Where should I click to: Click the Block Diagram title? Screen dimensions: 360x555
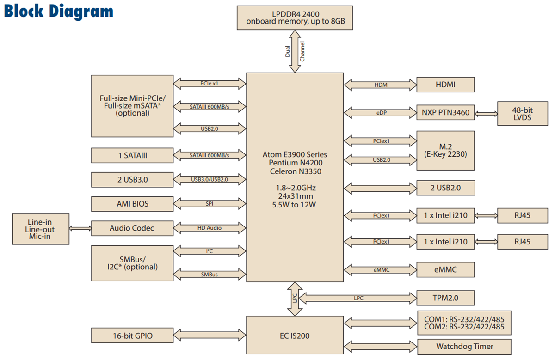coord(59,12)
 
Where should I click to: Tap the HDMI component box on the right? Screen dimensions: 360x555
coord(445,85)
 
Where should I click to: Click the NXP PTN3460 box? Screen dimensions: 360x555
coord(445,112)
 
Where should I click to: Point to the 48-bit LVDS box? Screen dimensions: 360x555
coord(522,114)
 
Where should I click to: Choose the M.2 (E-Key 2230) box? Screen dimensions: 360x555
coord(445,150)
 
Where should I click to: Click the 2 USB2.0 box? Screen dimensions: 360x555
coord(445,188)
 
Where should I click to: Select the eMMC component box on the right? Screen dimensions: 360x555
coord(445,269)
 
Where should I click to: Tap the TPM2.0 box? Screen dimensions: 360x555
coord(445,298)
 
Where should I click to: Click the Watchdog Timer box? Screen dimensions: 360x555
coord(464,346)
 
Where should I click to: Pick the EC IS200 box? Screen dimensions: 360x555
coord(295,336)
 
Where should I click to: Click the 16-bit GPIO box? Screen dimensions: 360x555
coord(132,336)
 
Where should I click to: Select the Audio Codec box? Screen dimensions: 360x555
coord(132,228)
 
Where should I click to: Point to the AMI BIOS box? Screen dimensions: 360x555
coord(132,203)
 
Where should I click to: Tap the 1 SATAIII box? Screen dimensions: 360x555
coord(132,155)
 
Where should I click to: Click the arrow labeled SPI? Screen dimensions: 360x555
coord(210,203)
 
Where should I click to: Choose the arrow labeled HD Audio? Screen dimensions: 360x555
coord(210,228)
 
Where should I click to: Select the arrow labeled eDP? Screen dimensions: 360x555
coord(380,112)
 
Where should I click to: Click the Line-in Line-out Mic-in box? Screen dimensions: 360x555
coord(41,229)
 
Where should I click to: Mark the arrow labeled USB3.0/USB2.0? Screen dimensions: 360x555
coord(210,179)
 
